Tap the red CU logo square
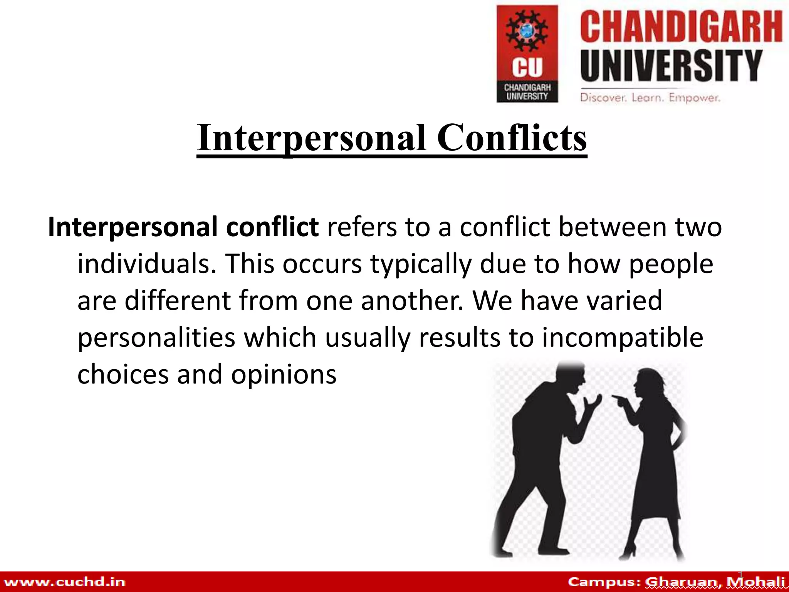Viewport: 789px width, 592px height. click(527, 54)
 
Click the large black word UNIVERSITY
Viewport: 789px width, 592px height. click(671, 66)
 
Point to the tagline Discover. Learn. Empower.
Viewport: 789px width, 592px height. click(650, 98)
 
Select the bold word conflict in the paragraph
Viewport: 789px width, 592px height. click(272, 227)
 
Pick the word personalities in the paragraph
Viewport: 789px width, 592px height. click(156, 338)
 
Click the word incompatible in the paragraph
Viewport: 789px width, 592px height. click(623, 338)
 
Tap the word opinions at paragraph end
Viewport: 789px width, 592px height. click(284, 375)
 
